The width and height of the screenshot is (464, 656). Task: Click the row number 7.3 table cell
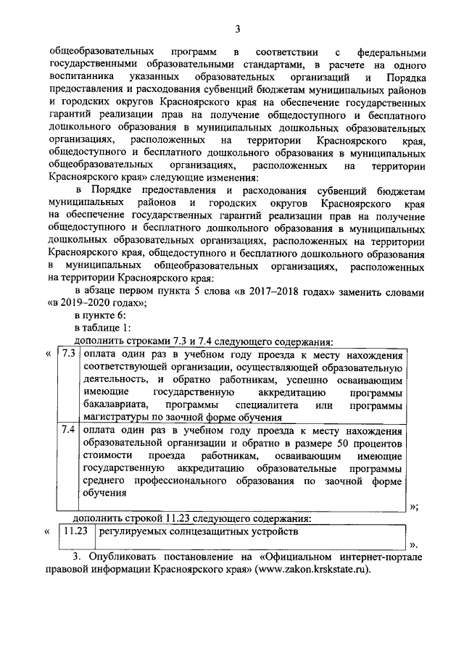(x=68, y=355)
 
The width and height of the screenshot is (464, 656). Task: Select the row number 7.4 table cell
(x=68, y=430)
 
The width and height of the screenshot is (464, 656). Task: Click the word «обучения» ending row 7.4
(x=104, y=492)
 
